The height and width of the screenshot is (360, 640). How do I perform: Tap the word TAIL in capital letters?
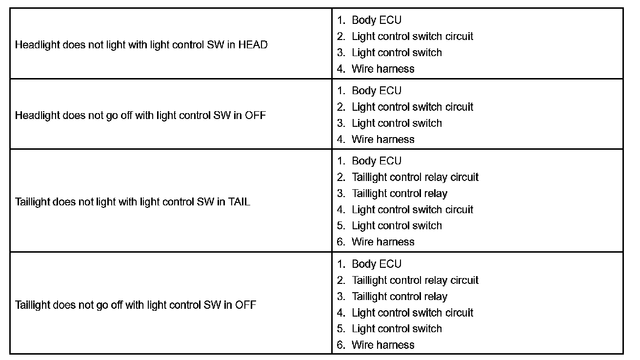(x=239, y=202)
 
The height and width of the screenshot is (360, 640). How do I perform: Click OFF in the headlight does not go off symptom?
(x=255, y=116)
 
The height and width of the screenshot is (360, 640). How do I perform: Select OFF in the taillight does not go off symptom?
(x=245, y=305)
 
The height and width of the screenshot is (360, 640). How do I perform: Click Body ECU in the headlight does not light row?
(x=376, y=20)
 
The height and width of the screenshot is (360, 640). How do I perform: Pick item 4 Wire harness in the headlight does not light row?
(x=382, y=69)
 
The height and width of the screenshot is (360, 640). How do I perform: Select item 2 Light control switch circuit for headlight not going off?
(x=412, y=107)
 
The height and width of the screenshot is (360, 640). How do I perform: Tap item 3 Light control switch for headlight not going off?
(x=397, y=123)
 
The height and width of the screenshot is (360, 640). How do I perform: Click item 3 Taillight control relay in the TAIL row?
(x=399, y=194)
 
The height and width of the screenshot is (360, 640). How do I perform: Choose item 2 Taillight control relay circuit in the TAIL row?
(x=415, y=177)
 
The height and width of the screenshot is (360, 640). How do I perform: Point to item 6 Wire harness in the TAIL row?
(x=382, y=242)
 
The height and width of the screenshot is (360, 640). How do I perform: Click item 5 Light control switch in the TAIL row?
(x=397, y=226)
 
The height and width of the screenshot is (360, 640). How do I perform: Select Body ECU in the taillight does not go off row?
(x=376, y=264)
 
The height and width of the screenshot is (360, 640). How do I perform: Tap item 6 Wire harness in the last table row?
(x=382, y=345)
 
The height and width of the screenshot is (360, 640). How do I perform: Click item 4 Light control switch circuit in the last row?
(x=412, y=313)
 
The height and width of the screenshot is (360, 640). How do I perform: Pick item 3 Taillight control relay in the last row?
(x=399, y=297)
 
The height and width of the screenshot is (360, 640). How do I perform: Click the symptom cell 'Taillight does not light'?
(x=133, y=202)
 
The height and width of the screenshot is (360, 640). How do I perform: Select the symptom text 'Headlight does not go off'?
(x=140, y=116)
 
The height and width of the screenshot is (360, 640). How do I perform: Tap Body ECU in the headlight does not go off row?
(x=376, y=91)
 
